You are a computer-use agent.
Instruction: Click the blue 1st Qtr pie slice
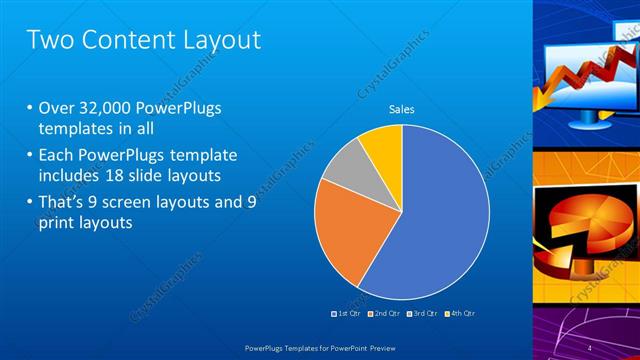coord(445,215)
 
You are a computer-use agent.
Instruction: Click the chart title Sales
coord(401,109)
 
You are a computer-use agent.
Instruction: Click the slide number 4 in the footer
coord(590,346)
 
